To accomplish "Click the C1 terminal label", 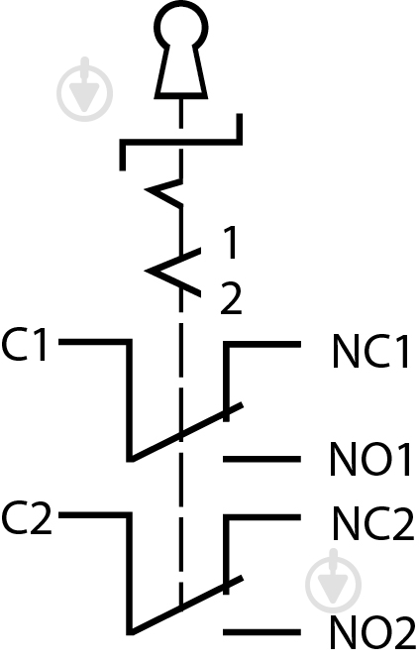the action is coord(24,345).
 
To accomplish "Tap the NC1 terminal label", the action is coord(370,351).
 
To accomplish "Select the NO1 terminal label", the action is coord(370,460).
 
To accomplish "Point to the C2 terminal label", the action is coord(26,517).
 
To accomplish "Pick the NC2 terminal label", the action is coord(373,523).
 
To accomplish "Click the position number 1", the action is coord(230,242).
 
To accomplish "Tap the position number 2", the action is coord(231,299).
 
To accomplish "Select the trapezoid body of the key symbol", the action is coord(181,70).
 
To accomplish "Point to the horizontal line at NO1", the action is coord(262,459).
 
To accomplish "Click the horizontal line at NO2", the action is coord(262,632).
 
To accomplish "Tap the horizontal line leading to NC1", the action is coord(262,345).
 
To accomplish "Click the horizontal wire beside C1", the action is coord(94,342).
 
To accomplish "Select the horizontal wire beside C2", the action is coord(94,515).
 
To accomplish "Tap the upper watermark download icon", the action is coord(85,89).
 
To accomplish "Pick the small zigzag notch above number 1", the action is coord(163,193).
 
